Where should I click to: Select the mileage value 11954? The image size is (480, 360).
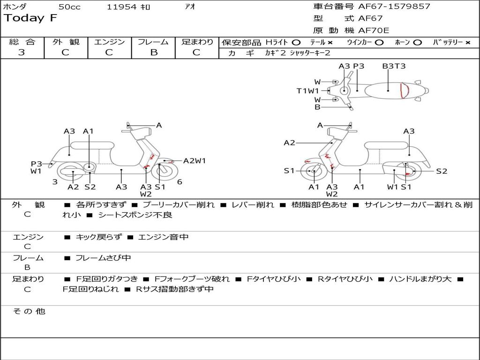[x=122, y=7]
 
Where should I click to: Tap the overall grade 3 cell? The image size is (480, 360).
[x=22, y=52]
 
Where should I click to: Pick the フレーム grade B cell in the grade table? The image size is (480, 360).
[x=153, y=52]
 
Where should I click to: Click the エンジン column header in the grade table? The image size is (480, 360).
[x=109, y=42]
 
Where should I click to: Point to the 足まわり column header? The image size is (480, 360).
[x=197, y=42]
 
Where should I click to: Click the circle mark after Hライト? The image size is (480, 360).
[x=296, y=43]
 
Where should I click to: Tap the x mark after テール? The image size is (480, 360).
[x=330, y=43]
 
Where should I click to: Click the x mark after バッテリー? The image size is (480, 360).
[x=467, y=43]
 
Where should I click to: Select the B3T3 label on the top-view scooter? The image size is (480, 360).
[x=394, y=66]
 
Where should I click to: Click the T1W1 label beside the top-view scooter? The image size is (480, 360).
[x=307, y=91]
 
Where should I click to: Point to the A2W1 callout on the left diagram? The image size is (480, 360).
[x=195, y=161]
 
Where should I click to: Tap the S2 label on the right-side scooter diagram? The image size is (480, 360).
[x=442, y=171]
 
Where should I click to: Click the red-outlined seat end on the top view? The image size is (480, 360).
[x=405, y=90]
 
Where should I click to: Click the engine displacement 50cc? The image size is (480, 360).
[x=69, y=7]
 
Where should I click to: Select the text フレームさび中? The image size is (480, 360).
[x=103, y=258]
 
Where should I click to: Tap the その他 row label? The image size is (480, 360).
[x=29, y=311]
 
